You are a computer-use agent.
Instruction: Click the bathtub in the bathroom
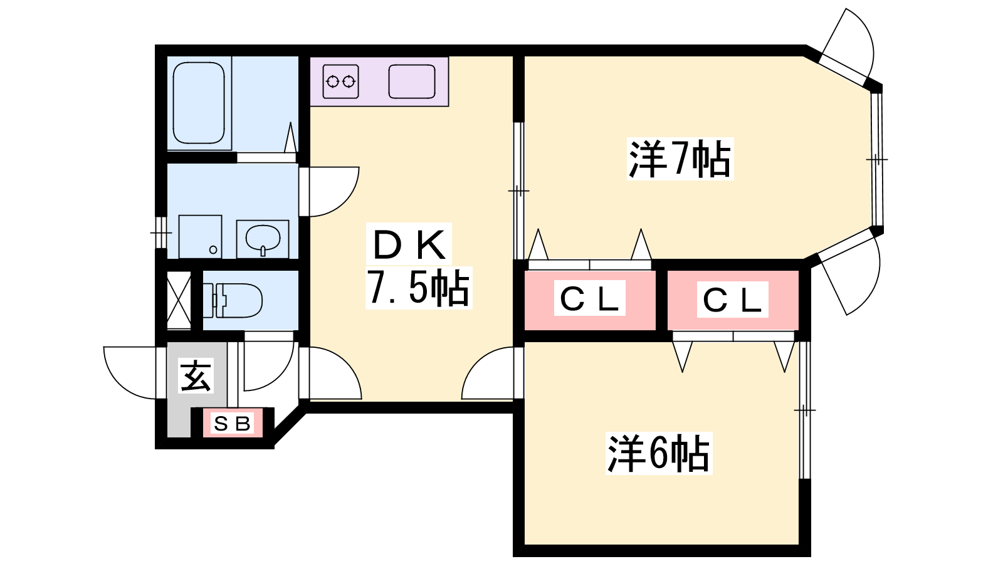(x=198, y=103)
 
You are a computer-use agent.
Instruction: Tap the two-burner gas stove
(x=341, y=81)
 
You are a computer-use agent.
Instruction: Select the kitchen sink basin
(x=411, y=81)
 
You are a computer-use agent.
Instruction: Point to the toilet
(x=233, y=300)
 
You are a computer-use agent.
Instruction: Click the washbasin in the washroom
(x=263, y=238)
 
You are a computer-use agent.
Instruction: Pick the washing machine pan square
(x=200, y=236)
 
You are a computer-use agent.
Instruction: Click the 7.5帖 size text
(x=418, y=287)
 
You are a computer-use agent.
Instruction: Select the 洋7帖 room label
(x=680, y=159)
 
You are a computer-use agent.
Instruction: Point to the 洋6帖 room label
(x=659, y=454)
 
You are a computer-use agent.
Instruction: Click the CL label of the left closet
(x=589, y=298)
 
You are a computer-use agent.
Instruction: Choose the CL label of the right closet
(x=732, y=300)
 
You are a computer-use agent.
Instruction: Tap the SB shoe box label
(x=232, y=423)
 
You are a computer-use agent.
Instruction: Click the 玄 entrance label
(x=196, y=375)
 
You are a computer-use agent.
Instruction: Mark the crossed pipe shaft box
(x=179, y=300)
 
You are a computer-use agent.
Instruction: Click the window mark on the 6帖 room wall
(x=805, y=410)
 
